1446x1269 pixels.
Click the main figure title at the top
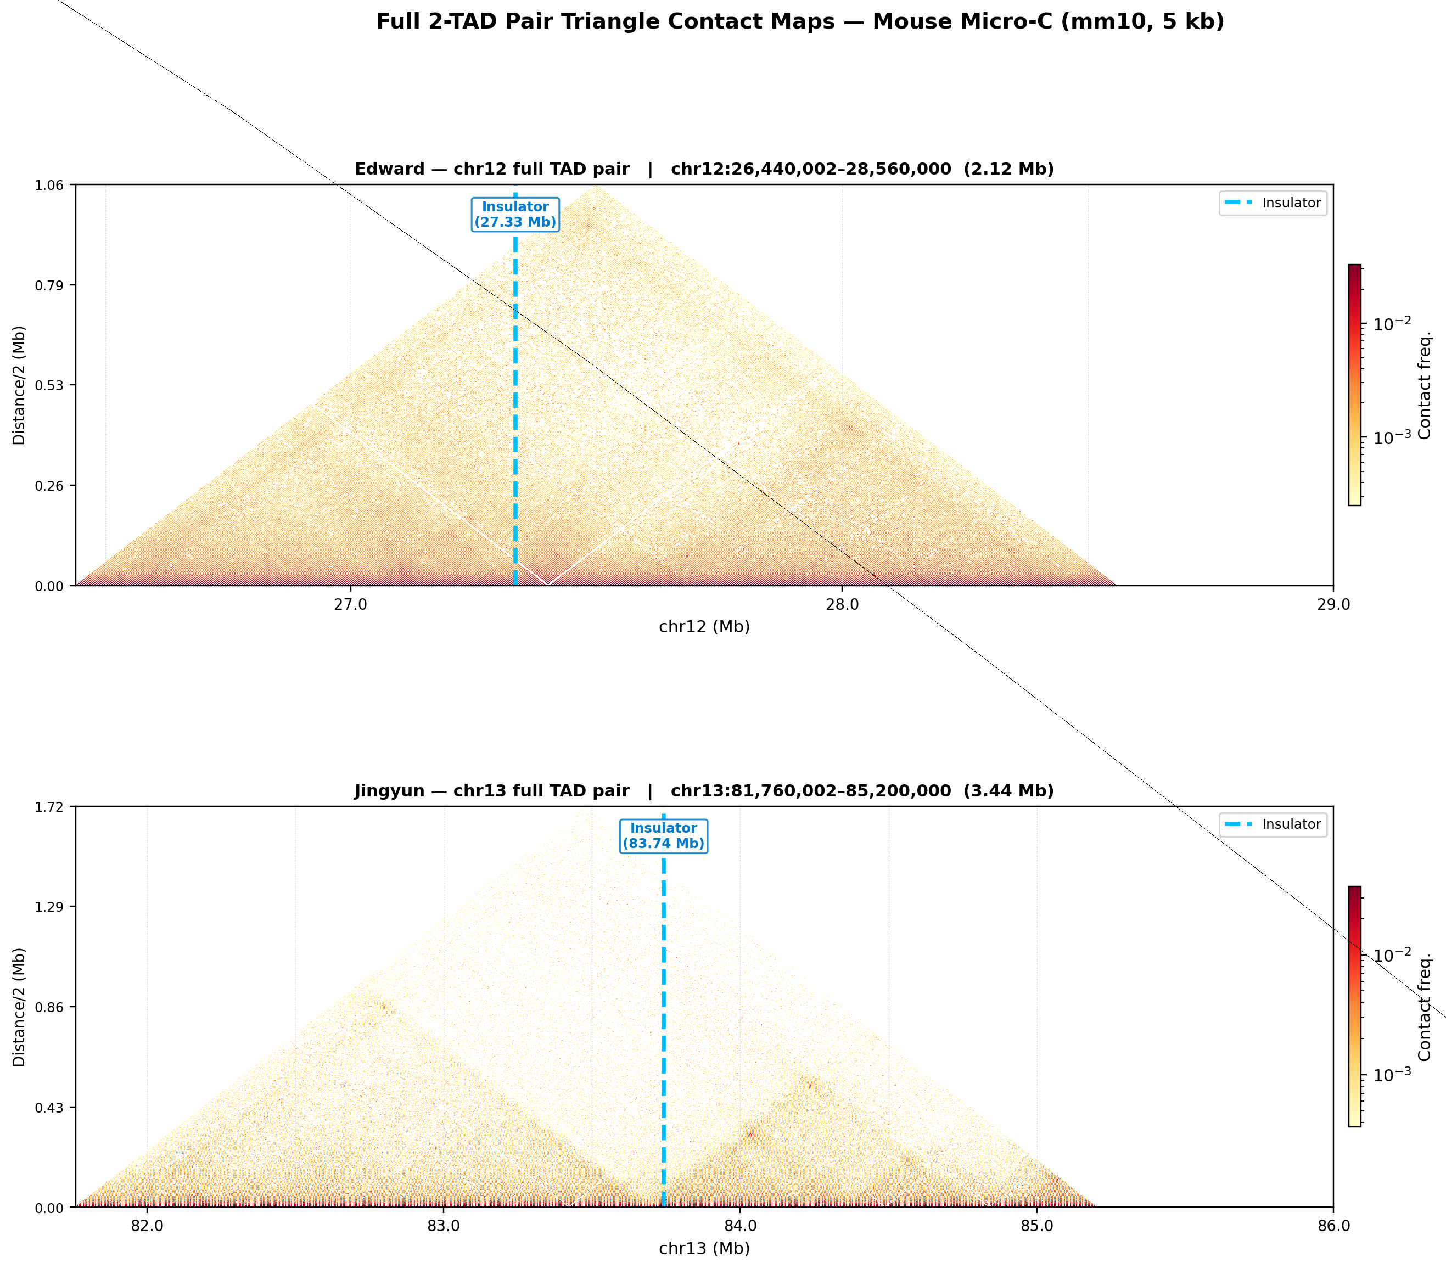click(x=799, y=22)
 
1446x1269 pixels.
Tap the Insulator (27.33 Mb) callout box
click(x=515, y=214)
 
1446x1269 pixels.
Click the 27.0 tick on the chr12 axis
click(x=351, y=605)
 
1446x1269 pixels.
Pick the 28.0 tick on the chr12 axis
click(x=842, y=605)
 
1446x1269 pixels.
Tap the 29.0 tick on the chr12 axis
click(x=1333, y=605)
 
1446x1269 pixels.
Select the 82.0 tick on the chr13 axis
click(x=147, y=1226)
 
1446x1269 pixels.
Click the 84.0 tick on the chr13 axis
click(x=740, y=1226)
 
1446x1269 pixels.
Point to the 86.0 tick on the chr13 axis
click(x=1333, y=1226)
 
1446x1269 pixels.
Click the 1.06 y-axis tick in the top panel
click(x=49, y=186)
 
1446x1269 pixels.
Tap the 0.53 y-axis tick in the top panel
click(x=49, y=385)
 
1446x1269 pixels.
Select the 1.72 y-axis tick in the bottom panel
click(x=49, y=807)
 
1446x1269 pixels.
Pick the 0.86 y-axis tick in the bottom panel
click(x=49, y=1007)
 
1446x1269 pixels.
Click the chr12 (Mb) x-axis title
click(x=704, y=627)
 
